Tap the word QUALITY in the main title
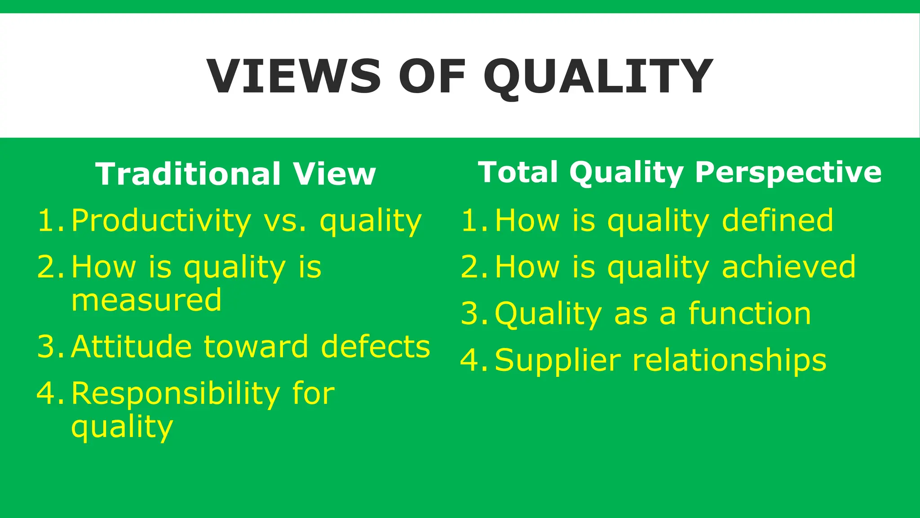point(598,77)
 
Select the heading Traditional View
point(235,174)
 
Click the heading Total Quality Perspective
point(680,173)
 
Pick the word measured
point(146,300)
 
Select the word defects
point(376,347)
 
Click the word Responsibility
point(176,394)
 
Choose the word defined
point(777,220)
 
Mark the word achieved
point(788,267)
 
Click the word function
point(750,313)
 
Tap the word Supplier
point(557,361)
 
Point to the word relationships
point(729,360)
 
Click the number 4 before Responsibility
point(47,393)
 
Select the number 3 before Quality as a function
point(470,313)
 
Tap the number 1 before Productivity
point(47,221)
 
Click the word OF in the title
point(432,76)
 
